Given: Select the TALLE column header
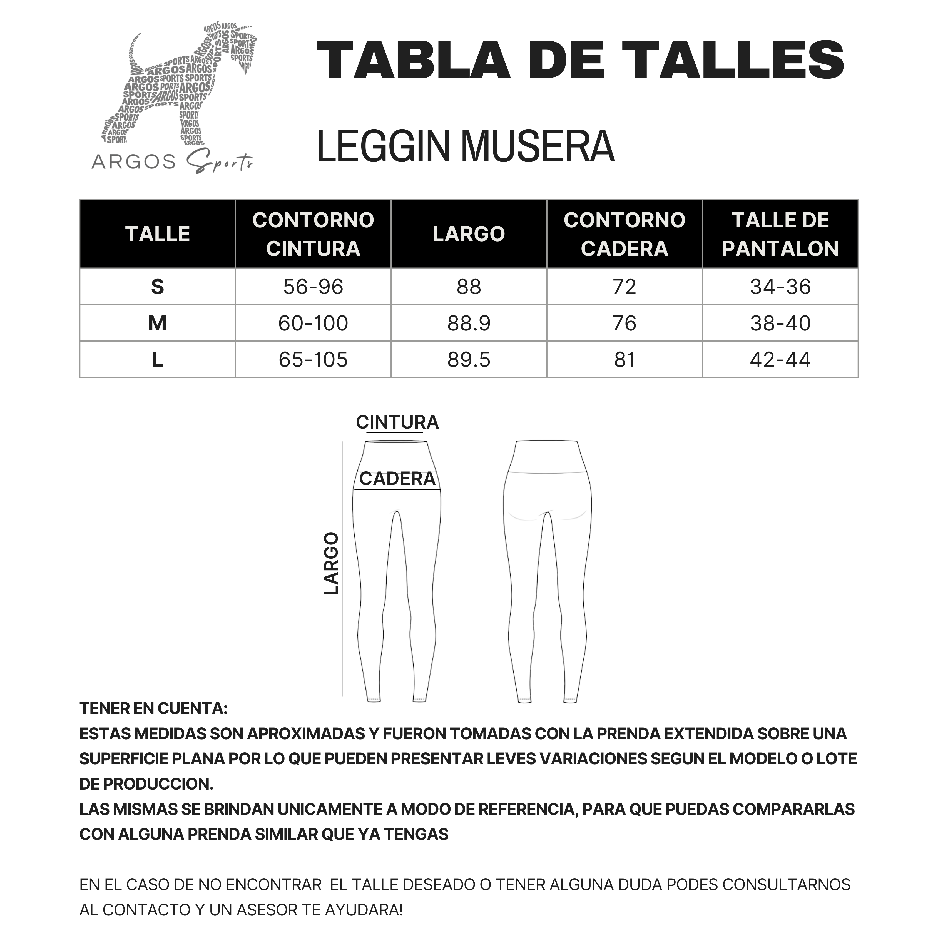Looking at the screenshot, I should (x=157, y=234).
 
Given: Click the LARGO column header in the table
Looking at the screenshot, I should (x=469, y=234).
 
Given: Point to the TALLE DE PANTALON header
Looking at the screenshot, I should (x=780, y=234).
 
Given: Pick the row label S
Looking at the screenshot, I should (x=157, y=287).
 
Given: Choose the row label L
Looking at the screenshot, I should (x=157, y=360).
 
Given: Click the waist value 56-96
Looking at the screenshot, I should (x=313, y=287).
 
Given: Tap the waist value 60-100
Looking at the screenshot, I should (x=313, y=323).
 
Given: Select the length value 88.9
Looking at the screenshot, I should (x=469, y=323).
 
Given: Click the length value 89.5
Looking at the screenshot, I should (x=469, y=360).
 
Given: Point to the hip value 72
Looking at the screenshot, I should (x=624, y=287).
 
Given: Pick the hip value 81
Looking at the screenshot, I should (x=624, y=360).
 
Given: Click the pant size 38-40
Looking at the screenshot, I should (x=780, y=323).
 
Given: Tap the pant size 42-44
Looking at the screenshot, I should (x=780, y=360).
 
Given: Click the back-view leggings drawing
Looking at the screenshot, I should (x=548, y=568).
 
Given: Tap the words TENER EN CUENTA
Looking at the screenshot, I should (x=153, y=708).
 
